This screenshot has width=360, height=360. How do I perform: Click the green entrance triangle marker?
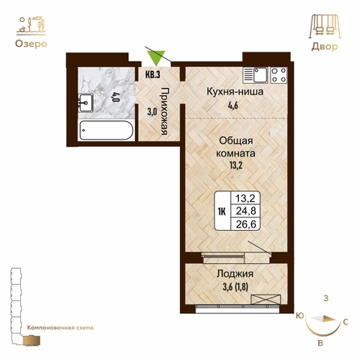coord(157,57)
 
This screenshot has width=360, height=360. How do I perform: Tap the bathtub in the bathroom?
coord(107,130)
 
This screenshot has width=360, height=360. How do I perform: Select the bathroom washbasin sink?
coord(86,103)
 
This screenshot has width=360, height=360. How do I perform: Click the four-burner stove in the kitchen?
coord(278,74)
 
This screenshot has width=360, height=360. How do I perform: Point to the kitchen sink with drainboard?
coord(256,75)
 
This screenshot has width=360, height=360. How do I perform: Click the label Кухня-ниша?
coord(235,92)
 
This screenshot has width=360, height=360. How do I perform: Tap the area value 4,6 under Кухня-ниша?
coord(233,105)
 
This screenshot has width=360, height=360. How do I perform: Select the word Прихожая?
coord(165,111)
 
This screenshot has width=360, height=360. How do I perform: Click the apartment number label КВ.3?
coord(153,74)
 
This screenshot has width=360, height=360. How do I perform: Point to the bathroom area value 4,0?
coord(116,97)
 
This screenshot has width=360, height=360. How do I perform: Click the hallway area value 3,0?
coord(152,112)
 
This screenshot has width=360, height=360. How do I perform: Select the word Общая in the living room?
coord(236,140)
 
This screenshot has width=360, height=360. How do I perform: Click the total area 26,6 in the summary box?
coord(246,224)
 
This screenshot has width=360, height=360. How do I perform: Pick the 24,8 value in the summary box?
coord(246,211)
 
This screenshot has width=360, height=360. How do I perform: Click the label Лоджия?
coord(235,274)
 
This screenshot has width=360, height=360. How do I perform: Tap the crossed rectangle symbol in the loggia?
coord(266,299)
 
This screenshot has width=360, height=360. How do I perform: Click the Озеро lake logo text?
coord(31,44)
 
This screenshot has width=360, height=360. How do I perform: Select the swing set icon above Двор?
coord(324,27)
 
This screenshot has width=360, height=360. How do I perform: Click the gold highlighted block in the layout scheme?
coord(31,340)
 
